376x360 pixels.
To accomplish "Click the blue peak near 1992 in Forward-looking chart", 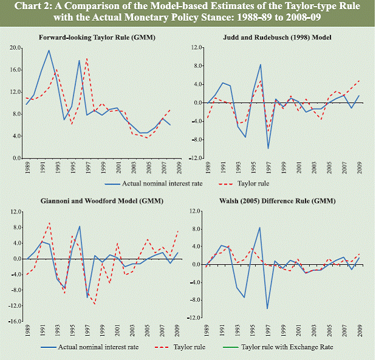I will pyautogui.click(x=49, y=50).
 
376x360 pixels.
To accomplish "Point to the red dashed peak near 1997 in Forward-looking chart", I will pyautogui.click(x=87, y=59).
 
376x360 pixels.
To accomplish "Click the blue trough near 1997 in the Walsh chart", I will pyautogui.click(x=267, y=308).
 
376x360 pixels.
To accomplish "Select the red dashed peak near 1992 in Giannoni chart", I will pyautogui.click(x=49, y=223).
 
